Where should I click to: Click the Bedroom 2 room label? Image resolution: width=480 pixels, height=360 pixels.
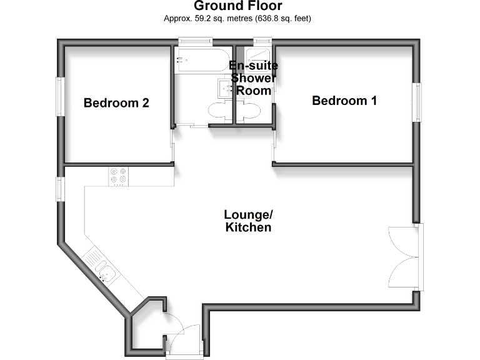pyautogui.click(x=116, y=103)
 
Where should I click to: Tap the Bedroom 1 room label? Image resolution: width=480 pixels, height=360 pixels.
pyautogui.click(x=344, y=100)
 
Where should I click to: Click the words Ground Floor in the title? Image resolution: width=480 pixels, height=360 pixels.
pyautogui.click(x=237, y=7)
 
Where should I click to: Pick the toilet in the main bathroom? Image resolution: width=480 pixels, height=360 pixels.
pyautogui.click(x=219, y=112)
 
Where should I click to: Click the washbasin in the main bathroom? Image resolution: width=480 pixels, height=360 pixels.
pyautogui.click(x=224, y=87)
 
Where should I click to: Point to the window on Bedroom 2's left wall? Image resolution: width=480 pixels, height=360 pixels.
pyautogui.click(x=61, y=96)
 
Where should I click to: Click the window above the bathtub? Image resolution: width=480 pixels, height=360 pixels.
pyautogui.click(x=193, y=41)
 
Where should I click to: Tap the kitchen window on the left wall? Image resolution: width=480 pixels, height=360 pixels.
pyautogui.click(x=61, y=189)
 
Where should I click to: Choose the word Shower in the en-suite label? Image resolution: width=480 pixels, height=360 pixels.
pyautogui.click(x=253, y=78)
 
